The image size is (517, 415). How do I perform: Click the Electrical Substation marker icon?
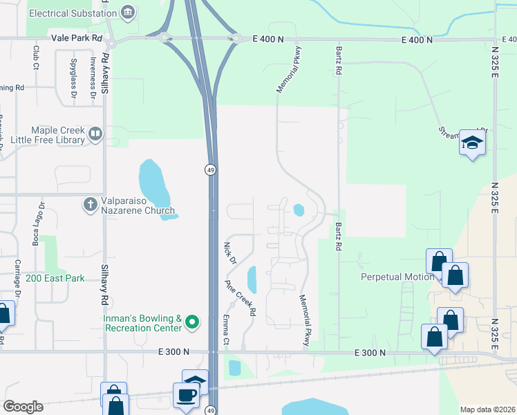127,12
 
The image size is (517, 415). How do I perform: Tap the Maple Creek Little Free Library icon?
95,133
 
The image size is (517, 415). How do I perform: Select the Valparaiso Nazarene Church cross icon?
90,204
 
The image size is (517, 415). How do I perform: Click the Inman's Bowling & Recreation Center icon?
193,322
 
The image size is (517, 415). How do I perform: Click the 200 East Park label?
55,278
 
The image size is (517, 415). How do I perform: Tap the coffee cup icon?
186,394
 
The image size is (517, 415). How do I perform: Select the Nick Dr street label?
230,252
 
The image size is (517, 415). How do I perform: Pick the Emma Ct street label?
225,329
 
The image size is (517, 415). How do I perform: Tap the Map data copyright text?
487,409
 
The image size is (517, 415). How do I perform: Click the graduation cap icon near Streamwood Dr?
472,143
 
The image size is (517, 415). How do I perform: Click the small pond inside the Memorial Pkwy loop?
299,209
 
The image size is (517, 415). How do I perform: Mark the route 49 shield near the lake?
209,170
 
